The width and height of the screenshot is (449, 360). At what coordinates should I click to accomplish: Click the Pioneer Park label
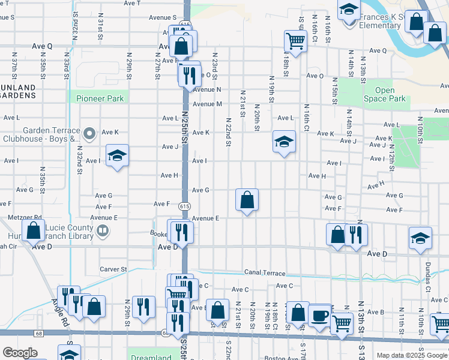coord(99,98)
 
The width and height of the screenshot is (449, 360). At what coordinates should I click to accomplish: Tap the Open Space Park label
coord(390,95)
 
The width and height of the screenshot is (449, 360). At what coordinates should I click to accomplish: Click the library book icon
coord(103,230)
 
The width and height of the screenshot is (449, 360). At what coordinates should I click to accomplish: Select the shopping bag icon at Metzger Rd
coord(34,230)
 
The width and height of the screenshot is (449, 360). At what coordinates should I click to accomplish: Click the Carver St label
coord(113,269)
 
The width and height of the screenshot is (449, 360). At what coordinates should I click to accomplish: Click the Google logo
coord(20,353)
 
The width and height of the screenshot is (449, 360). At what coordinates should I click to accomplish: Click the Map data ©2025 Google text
coord(412,355)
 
